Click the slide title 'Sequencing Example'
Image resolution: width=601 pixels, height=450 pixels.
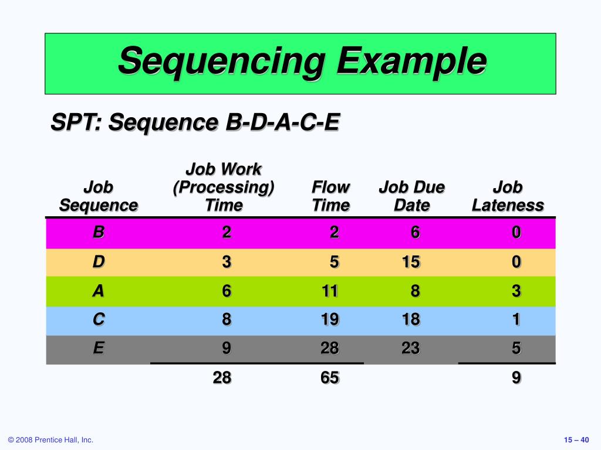(302, 62)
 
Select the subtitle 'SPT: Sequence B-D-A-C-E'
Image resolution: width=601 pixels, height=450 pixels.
(195, 123)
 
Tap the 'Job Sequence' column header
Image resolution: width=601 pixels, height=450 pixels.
(98, 196)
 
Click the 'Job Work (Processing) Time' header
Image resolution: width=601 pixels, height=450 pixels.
(224, 187)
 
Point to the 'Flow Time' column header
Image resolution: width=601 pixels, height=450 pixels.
(330, 196)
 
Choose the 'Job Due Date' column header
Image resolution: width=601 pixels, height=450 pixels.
(411, 196)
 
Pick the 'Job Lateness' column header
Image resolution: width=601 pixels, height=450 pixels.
(508, 196)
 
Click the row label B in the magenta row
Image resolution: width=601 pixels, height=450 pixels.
(98, 233)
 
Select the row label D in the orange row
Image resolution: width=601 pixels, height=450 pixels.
(98, 262)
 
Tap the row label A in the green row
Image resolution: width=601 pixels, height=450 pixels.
(98, 291)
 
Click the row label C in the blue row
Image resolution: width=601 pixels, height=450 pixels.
(98, 319)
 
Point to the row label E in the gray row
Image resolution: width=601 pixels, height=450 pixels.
(98, 349)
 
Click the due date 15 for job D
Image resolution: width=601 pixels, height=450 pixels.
(411, 262)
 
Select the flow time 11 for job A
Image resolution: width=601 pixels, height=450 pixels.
(329, 291)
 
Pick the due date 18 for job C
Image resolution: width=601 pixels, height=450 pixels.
(411, 319)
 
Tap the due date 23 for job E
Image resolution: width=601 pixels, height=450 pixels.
(411, 349)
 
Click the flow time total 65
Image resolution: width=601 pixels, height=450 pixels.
(329, 378)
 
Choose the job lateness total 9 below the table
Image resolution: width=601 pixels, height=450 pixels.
(516, 378)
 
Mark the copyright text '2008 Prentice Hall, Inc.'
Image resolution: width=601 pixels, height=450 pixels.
(50, 440)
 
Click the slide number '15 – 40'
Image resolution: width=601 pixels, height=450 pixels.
(576, 440)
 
